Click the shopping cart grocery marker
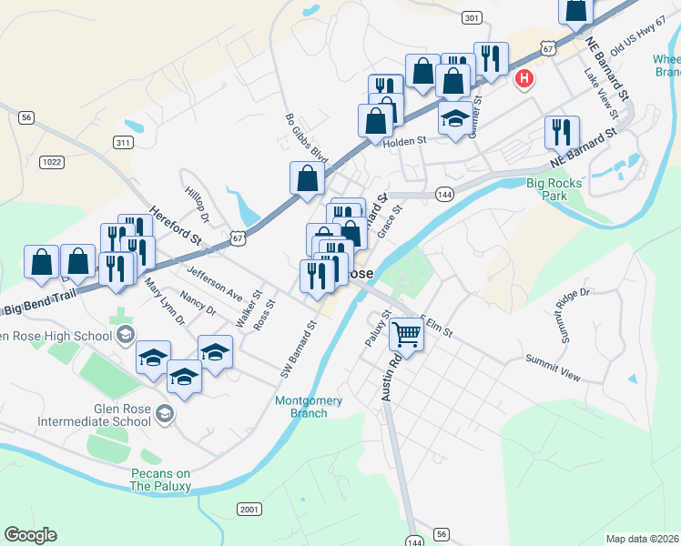tap(406, 335)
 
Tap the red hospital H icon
tap(523, 80)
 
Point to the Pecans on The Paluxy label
tap(159, 480)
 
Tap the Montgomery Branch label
tap(309, 407)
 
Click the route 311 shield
tap(124, 143)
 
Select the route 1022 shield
tap(52, 162)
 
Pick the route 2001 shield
tap(249, 509)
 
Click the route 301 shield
tap(471, 18)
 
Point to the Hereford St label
tap(176, 227)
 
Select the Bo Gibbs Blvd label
tap(305, 138)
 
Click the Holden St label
tap(405, 141)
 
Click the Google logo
tap(30, 535)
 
